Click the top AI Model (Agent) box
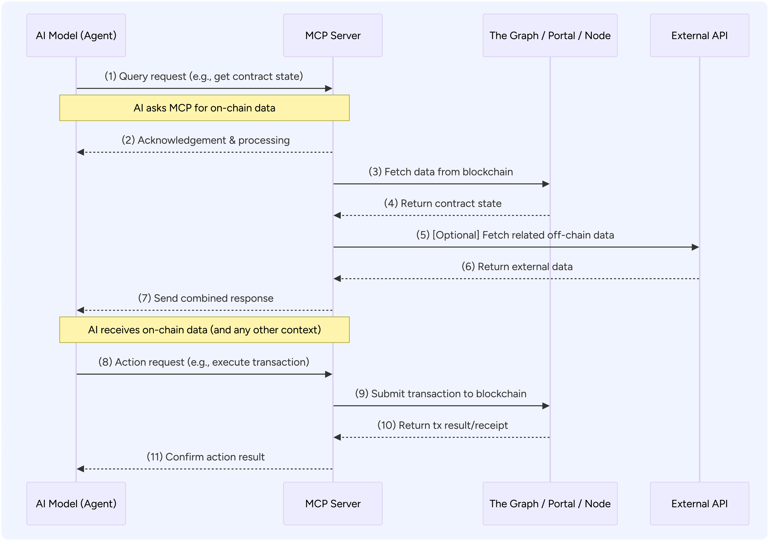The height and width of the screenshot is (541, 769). (x=76, y=36)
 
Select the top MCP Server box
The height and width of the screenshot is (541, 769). (x=333, y=36)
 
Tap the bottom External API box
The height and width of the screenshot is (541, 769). (x=699, y=503)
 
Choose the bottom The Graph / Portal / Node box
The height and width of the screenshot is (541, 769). (x=550, y=503)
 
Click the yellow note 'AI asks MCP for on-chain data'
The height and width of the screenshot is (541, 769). (x=204, y=108)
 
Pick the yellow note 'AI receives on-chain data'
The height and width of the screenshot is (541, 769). (x=204, y=330)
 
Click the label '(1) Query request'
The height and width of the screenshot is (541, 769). (x=204, y=76)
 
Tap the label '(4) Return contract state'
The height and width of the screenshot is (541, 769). (x=443, y=203)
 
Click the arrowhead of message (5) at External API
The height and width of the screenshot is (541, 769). (x=695, y=247)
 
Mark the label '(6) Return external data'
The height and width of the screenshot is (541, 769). (x=517, y=267)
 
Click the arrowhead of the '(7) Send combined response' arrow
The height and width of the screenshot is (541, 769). (x=80, y=310)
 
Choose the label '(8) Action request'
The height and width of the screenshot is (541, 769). (x=204, y=362)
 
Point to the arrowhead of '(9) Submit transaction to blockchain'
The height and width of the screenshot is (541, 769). (x=546, y=406)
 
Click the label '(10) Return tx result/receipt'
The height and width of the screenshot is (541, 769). (x=443, y=426)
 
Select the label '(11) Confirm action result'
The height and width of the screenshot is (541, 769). (x=206, y=457)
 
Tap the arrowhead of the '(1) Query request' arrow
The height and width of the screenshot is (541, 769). (x=329, y=89)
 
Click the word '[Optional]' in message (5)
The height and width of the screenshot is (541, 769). (x=456, y=235)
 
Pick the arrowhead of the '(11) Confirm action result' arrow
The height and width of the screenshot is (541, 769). (x=80, y=469)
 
